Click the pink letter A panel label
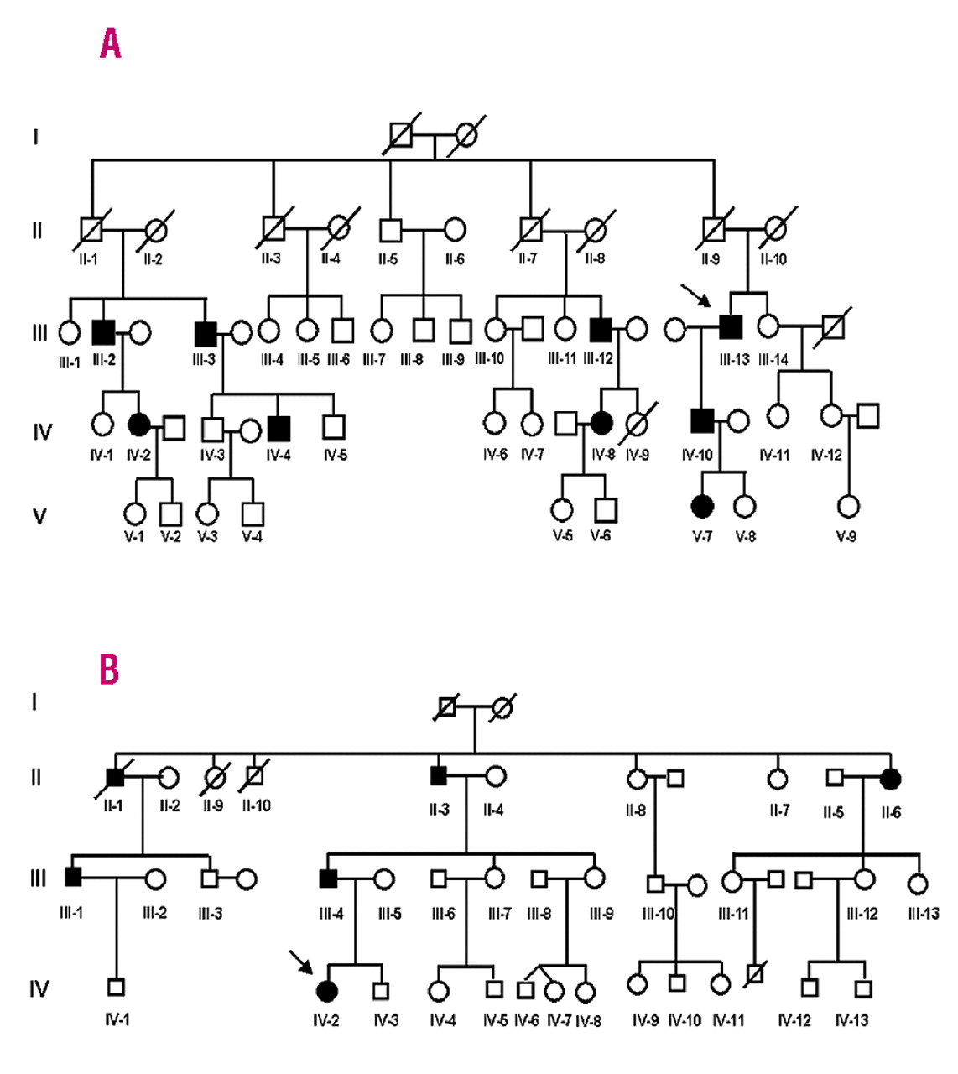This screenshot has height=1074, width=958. (x=110, y=43)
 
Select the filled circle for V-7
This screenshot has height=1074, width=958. (x=702, y=506)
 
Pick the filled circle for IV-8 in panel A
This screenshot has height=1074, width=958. (x=601, y=424)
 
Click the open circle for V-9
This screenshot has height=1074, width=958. (x=848, y=507)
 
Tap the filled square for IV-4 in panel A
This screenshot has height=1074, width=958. (x=279, y=428)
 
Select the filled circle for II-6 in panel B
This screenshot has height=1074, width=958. (x=891, y=778)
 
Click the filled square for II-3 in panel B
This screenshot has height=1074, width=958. (x=438, y=776)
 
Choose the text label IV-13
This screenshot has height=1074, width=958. (x=851, y=1020)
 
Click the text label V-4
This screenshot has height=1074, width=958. (x=252, y=537)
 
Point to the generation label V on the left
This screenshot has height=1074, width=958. (x=39, y=515)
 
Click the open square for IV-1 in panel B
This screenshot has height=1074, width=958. (x=117, y=987)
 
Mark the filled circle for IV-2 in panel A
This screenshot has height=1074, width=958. (x=139, y=426)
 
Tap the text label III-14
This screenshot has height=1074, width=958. (x=773, y=360)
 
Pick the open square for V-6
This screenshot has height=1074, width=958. (x=606, y=509)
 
